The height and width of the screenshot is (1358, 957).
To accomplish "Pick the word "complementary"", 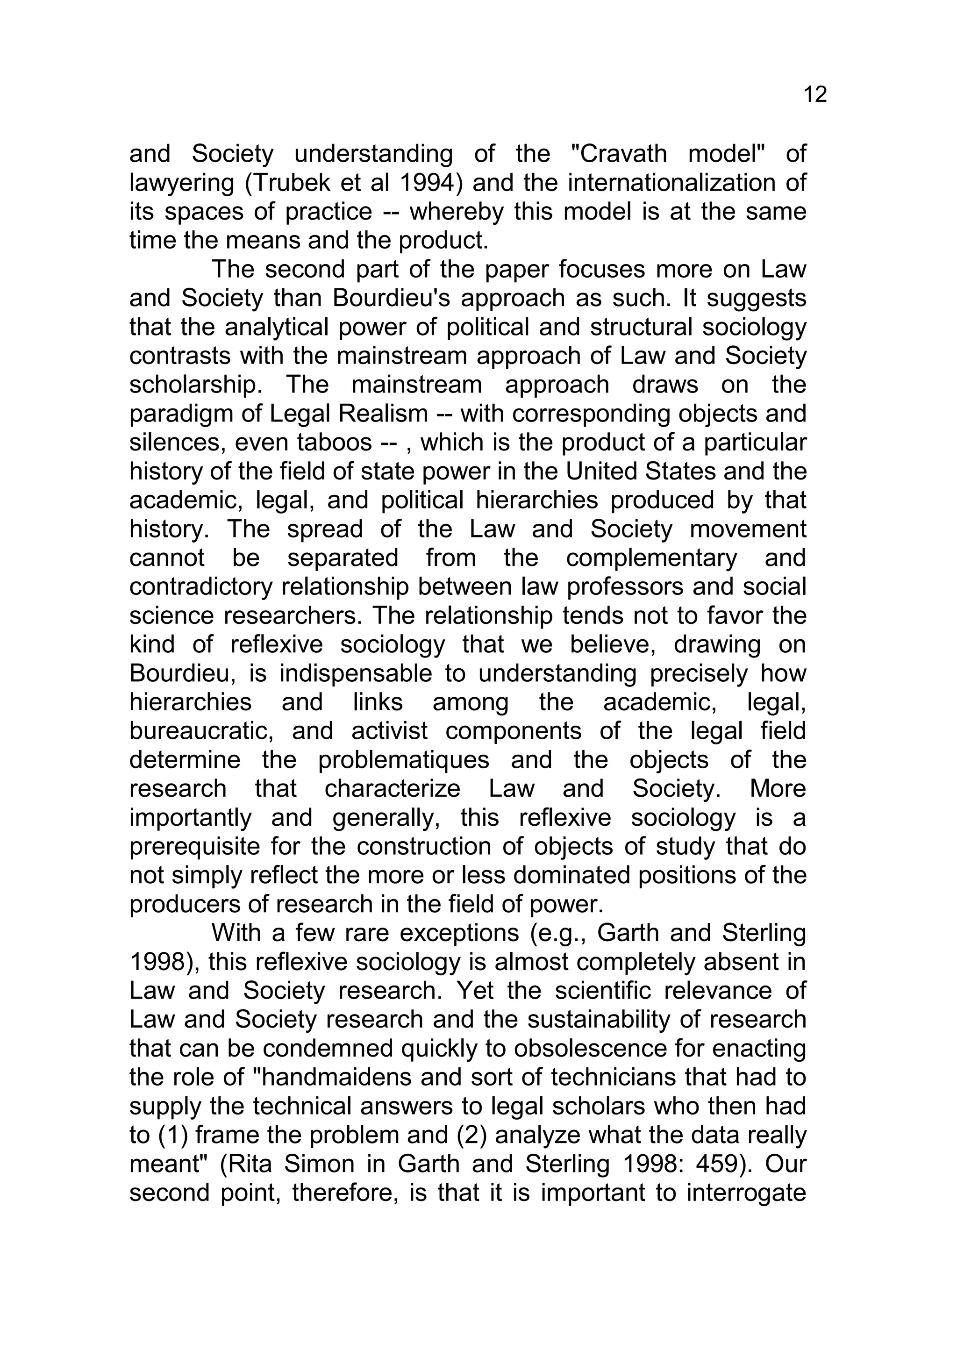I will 652,558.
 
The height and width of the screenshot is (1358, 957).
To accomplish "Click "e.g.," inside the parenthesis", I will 559,933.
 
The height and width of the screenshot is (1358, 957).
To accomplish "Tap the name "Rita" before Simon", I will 252,1164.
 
